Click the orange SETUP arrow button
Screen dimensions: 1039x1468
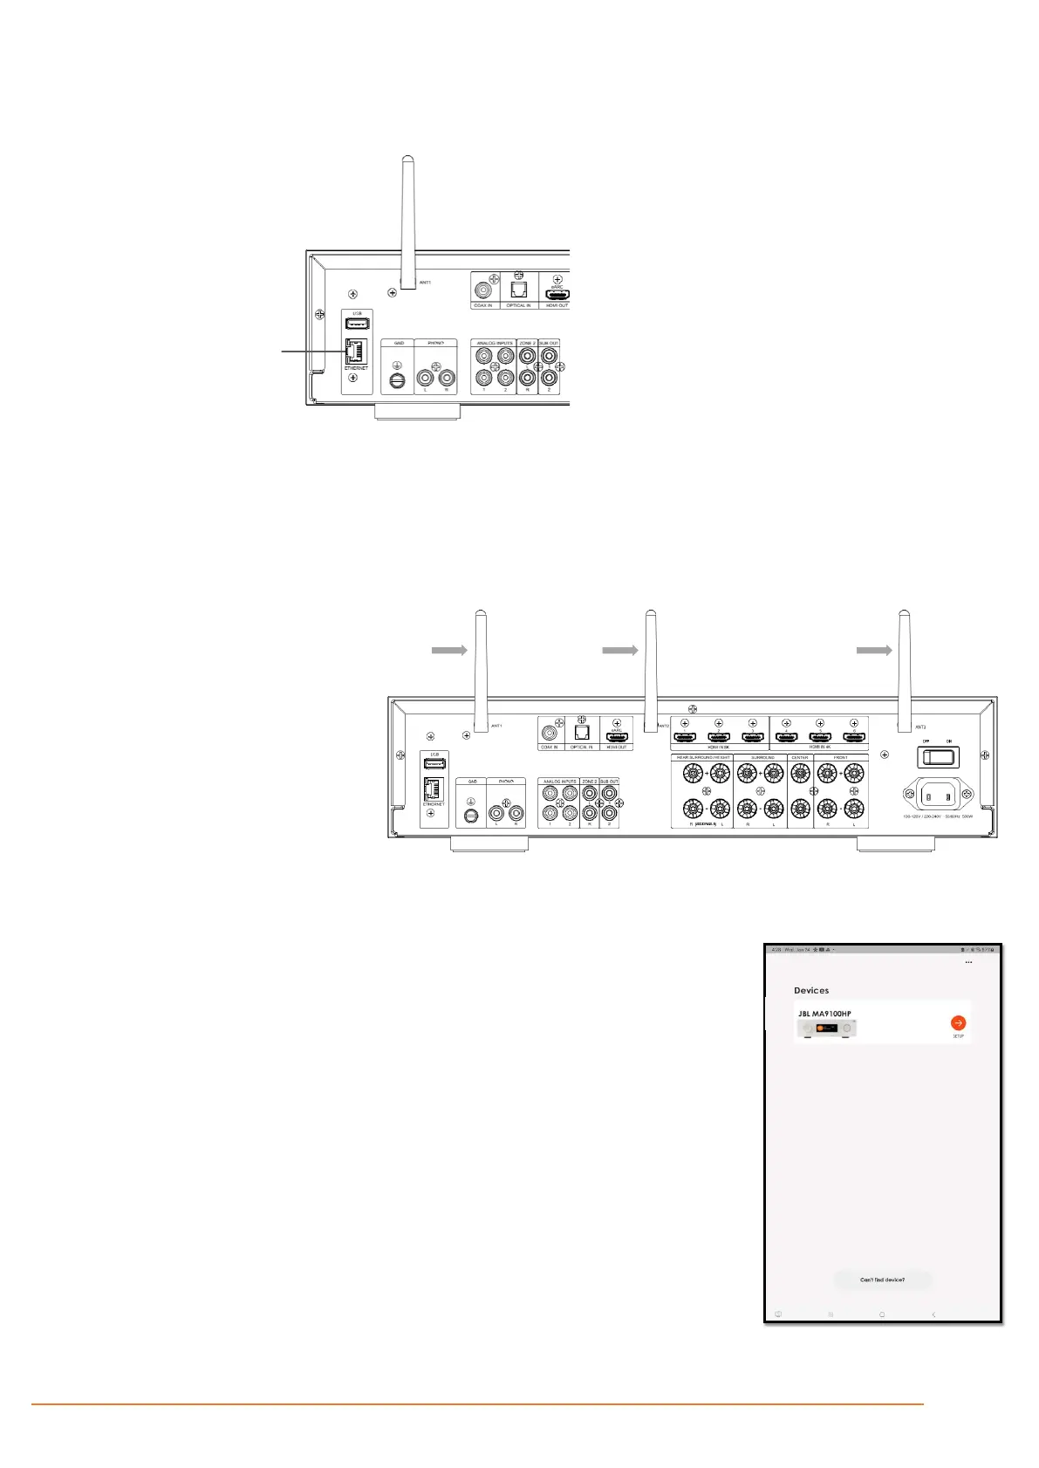point(958,1023)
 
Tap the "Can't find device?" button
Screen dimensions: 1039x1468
point(882,1280)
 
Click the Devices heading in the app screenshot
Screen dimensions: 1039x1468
point(811,990)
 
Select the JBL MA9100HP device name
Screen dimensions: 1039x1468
point(824,1014)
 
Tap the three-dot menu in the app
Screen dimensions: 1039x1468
point(968,963)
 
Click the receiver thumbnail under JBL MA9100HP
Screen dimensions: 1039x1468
point(826,1029)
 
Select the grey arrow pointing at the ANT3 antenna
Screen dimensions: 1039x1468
point(873,650)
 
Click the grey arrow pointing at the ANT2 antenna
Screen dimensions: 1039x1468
point(619,650)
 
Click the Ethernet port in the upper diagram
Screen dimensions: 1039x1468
point(356,352)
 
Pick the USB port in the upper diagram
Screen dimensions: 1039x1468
point(357,324)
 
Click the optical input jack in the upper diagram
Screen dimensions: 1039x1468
point(518,290)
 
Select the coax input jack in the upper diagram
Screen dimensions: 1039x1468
point(482,289)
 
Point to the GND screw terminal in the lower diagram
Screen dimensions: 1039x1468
point(472,816)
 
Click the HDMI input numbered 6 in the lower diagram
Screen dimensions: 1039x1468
point(853,738)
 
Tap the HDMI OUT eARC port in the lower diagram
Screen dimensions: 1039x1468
point(617,738)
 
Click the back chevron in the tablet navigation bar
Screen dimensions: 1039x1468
point(933,1314)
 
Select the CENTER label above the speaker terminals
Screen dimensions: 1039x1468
point(799,757)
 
